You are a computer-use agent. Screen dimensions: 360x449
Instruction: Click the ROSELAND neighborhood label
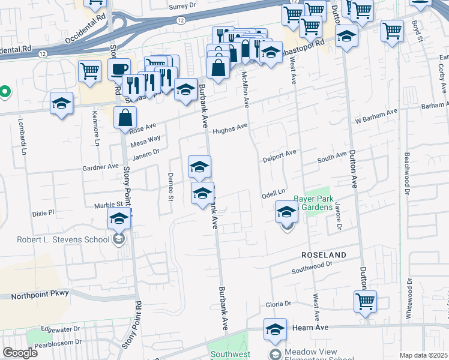pos(324,255)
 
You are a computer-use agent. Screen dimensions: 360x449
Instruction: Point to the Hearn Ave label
pos(310,328)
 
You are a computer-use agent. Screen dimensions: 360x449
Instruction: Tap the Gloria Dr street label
pos(278,304)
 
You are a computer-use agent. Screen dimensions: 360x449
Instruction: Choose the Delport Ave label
pos(280,157)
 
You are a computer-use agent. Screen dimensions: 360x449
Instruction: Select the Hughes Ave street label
pos(230,128)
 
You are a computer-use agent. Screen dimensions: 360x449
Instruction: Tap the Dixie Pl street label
pos(43,212)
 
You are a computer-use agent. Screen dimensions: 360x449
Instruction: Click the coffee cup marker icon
pos(119,69)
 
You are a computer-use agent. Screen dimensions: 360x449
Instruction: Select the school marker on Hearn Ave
pos(275,329)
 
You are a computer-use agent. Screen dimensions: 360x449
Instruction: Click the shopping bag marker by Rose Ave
pos(125,118)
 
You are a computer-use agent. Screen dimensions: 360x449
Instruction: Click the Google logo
pos(20,353)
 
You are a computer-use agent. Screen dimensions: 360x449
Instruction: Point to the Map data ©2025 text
pos(423,355)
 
